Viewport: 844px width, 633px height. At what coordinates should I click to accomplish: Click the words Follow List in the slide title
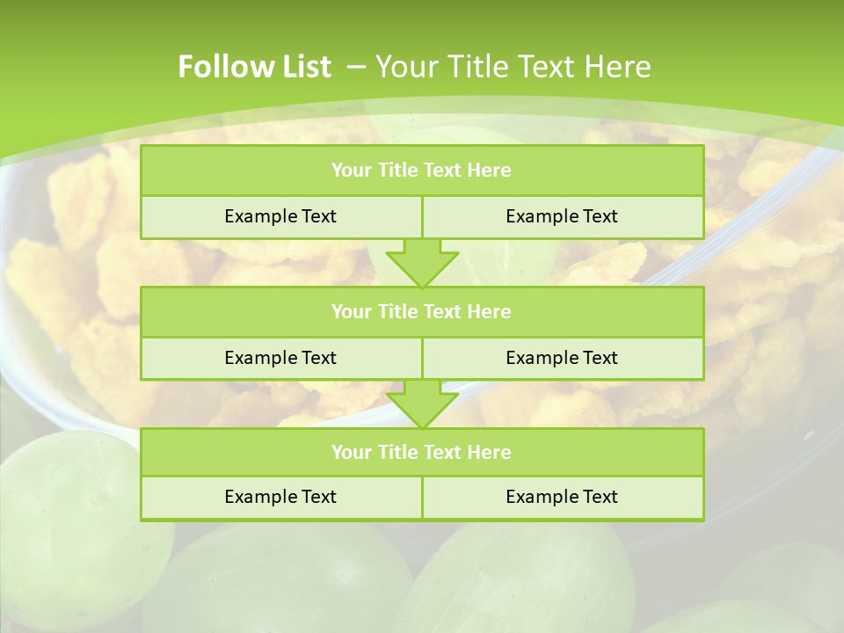click(254, 67)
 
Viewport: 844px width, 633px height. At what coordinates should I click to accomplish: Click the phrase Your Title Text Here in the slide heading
click(513, 67)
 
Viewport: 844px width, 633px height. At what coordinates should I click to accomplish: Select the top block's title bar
click(421, 171)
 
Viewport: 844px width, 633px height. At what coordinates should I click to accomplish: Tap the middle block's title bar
click(421, 311)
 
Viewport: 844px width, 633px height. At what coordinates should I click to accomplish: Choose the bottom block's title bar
click(421, 452)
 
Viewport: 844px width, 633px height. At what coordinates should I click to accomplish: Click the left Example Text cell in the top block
click(280, 216)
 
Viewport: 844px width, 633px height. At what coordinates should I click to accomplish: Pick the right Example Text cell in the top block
click(562, 216)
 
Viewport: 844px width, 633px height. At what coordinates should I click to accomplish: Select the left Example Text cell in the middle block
click(280, 358)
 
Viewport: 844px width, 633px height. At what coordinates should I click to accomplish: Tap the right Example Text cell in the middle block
click(562, 358)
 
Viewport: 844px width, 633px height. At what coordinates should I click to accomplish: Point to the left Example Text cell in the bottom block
click(280, 497)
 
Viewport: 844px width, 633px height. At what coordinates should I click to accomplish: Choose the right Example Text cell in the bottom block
click(562, 497)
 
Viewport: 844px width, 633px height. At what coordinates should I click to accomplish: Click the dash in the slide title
click(356, 67)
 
